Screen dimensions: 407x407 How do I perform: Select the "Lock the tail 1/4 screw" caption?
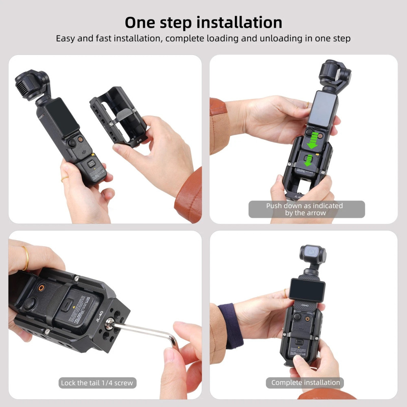tap(96, 383)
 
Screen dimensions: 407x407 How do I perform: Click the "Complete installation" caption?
tap(305, 383)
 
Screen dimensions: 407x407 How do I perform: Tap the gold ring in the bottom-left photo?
tap(25, 257)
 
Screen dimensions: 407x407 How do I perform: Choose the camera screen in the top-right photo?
tap(322, 108)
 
